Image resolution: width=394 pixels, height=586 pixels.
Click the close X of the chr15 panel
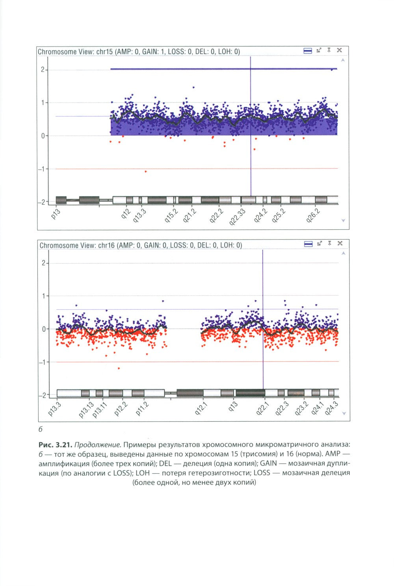pyautogui.click(x=339, y=50)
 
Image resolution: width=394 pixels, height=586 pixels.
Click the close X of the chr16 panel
pyautogui.click(x=340, y=244)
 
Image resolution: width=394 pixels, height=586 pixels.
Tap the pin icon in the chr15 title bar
pyautogui.click(x=329, y=50)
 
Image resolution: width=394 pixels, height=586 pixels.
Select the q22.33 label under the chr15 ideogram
pyautogui.click(x=238, y=217)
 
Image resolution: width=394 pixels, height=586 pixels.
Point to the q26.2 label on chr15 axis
pyautogui.click(x=313, y=215)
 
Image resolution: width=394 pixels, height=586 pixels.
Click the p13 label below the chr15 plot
pyautogui.click(x=56, y=214)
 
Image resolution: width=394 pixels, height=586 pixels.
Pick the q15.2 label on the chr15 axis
pyautogui.click(x=171, y=216)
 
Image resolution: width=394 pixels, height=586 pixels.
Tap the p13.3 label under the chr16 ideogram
pyautogui.click(x=55, y=409)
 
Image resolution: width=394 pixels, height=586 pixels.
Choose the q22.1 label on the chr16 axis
pyautogui.click(x=262, y=408)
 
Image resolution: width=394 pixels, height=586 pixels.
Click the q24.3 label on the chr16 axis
pyautogui.click(x=331, y=408)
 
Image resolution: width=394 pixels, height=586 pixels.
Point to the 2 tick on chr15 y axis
pyautogui.click(x=43, y=70)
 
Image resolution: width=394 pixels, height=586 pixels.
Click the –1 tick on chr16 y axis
pyautogui.click(x=42, y=362)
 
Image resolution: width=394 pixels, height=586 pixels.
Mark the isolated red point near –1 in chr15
pyautogui.click(x=146, y=171)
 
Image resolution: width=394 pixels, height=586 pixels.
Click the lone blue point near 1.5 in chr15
pyautogui.click(x=193, y=87)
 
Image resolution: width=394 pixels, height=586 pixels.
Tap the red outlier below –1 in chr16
pyautogui.click(x=119, y=368)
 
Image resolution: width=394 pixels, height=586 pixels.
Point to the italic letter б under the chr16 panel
pyautogui.click(x=40, y=430)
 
